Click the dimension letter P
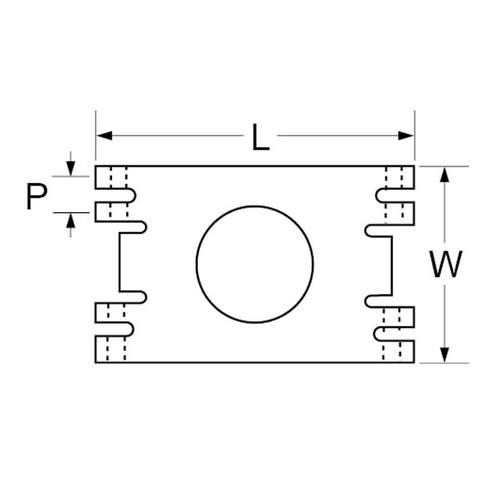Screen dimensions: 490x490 37,196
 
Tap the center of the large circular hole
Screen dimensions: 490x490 255,264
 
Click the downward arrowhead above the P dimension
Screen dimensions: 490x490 72,169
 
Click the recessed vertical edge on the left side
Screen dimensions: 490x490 119,262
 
